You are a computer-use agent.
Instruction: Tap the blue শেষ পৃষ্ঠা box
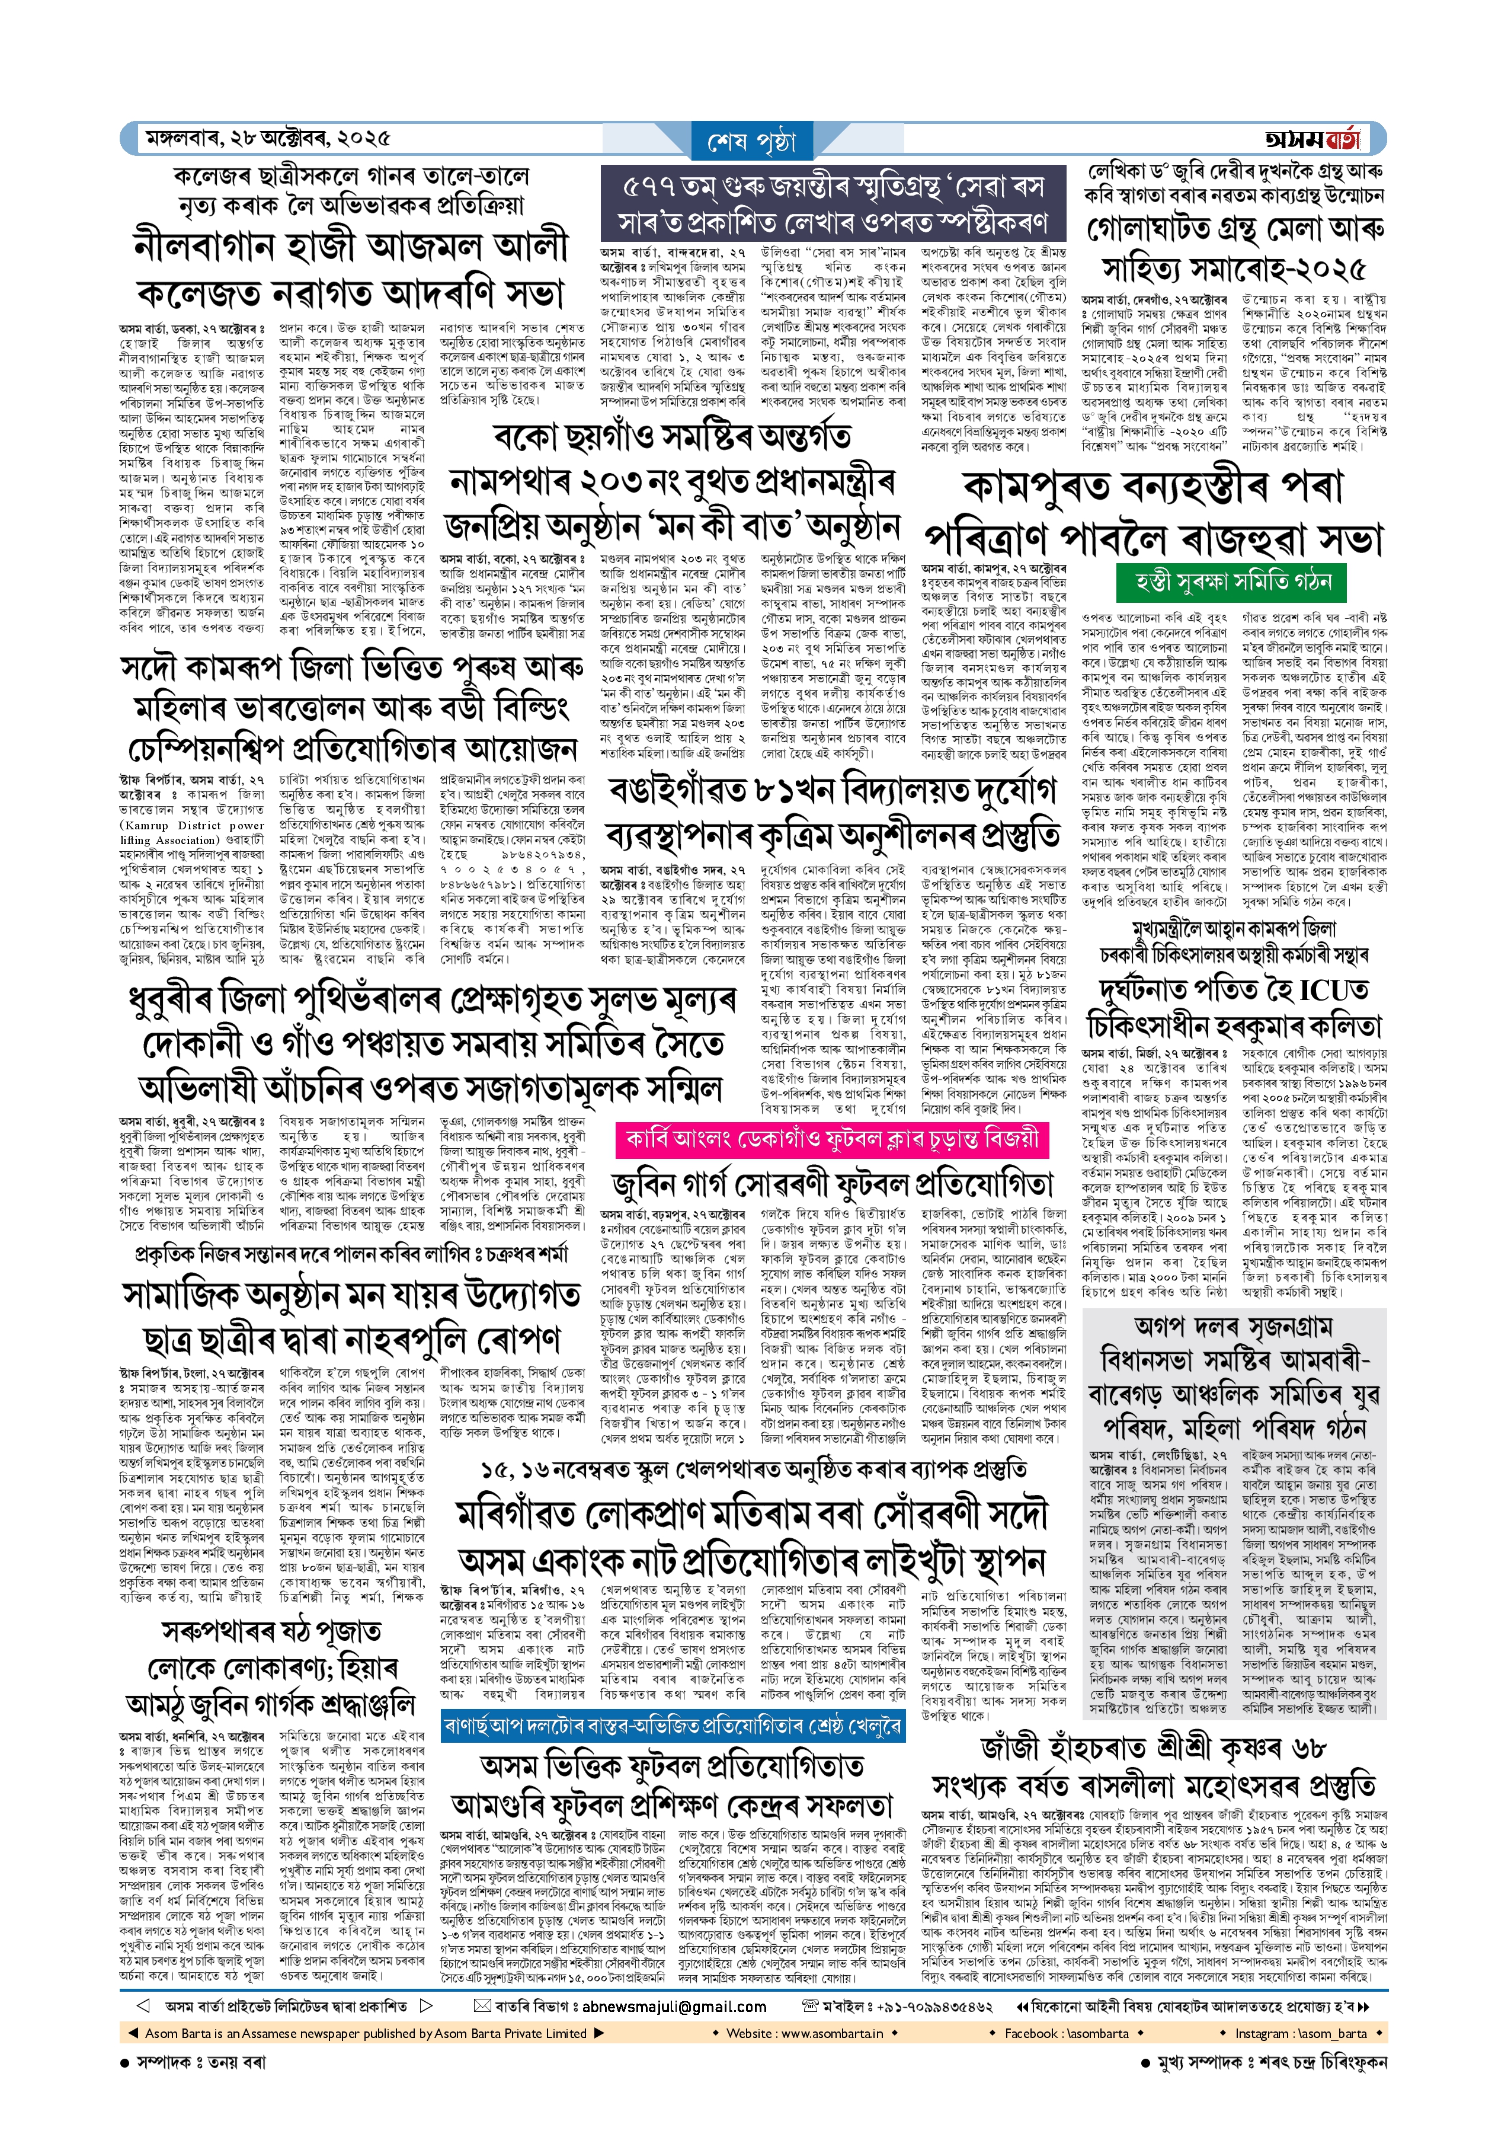[752, 142]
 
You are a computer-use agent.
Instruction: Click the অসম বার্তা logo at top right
[1312, 139]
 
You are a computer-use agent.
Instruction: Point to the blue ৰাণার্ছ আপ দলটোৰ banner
[672, 1726]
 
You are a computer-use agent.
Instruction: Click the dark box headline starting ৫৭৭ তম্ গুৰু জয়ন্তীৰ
[834, 203]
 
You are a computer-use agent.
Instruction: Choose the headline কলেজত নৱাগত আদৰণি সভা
[350, 293]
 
